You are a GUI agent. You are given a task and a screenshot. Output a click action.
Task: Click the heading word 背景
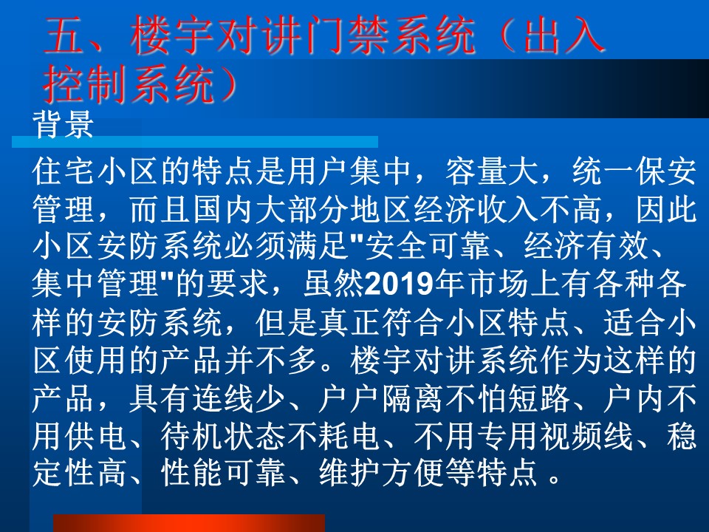click(64, 123)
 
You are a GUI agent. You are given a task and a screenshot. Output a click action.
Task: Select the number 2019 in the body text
click(399, 284)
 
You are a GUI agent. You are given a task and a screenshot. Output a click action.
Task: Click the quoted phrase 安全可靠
click(428, 247)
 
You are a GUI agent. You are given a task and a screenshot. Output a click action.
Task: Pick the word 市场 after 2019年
click(499, 284)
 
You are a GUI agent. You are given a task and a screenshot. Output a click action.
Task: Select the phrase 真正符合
click(381, 323)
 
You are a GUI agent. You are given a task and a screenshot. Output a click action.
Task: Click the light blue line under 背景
click(195, 142)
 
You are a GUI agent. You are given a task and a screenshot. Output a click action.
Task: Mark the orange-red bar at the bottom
click(189, 523)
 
